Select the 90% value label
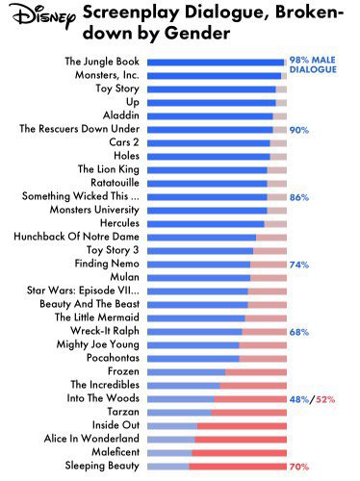click(x=298, y=129)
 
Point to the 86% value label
click(x=298, y=196)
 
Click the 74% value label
click(x=298, y=264)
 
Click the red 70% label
click(x=298, y=466)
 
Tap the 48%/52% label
click(x=311, y=398)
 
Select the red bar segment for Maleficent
click(x=240, y=452)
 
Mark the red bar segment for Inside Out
click(x=242, y=425)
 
